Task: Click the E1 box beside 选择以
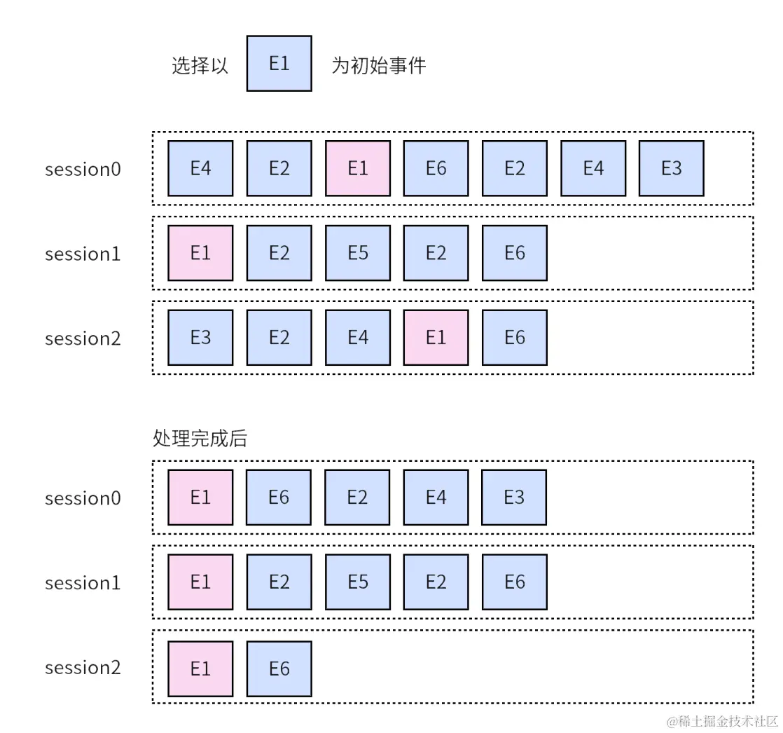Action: click(279, 64)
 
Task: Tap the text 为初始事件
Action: click(378, 66)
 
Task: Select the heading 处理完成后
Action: click(200, 439)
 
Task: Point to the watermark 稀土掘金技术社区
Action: click(722, 721)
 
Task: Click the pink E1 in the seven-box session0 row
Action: click(357, 169)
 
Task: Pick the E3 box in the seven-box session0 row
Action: click(671, 169)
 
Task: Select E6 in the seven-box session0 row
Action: click(436, 169)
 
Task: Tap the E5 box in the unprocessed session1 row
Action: click(357, 253)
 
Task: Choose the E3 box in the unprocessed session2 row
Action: click(200, 338)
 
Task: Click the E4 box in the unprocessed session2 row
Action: click(357, 338)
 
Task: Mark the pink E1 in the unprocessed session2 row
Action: click(436, 338)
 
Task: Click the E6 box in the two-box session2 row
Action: click(279, 669)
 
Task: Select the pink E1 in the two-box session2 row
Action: click(200, 669)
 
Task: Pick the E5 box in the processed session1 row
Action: click(357, 582)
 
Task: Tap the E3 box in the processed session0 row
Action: click(514, 498)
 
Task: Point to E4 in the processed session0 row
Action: click(436, 498)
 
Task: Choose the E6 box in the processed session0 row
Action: click(279, 498)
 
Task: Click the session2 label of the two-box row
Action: click(83, 668)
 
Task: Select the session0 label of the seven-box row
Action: click(83, 170)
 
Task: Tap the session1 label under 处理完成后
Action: click(83, 583)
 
